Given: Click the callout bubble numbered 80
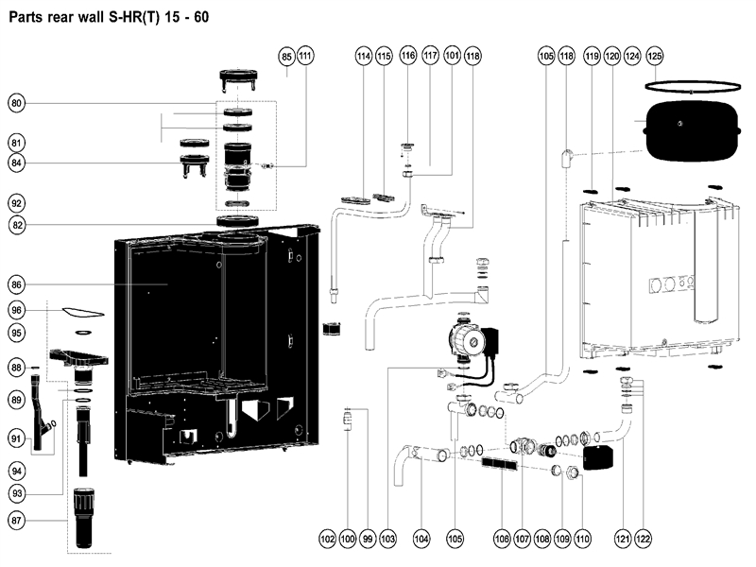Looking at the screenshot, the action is [17, 103].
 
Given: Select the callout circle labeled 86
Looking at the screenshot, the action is [17, 284].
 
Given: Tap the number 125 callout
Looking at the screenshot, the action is [654, 56].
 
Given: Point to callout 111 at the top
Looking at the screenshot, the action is [305, 56].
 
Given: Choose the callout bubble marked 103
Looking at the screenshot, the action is [387, 539].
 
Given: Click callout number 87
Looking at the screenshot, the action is [17, 521].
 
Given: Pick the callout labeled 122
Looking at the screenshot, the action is [644, 539].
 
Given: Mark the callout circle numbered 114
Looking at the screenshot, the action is [364, 56].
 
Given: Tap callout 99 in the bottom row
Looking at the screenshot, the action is [368, 539].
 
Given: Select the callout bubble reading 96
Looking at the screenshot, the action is [17, 310].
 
